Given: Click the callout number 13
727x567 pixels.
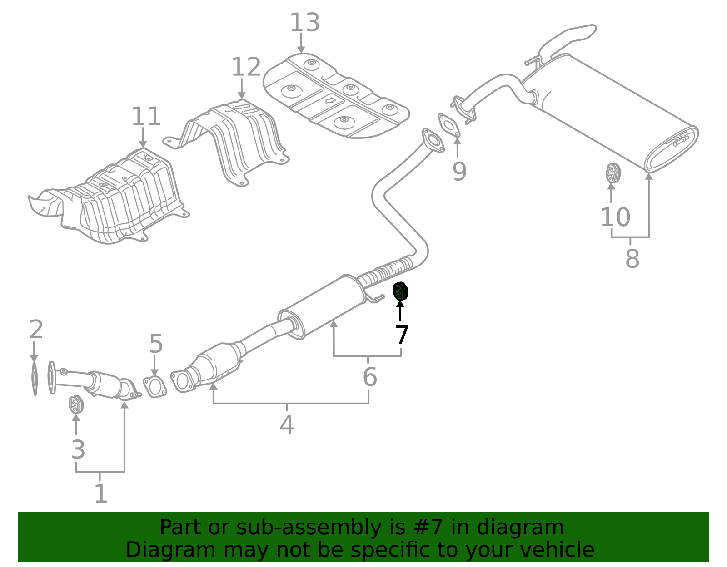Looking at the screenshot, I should point(304,23).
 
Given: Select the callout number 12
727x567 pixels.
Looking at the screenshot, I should point(246,67).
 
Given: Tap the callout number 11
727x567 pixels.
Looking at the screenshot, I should point(146,117).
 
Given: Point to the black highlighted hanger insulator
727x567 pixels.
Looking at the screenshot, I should point(400,291).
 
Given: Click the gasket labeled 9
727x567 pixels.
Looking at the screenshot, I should point(449,125).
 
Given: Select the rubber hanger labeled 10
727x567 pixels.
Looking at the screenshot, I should point(613,173).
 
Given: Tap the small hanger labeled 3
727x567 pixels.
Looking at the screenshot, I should point(76,404).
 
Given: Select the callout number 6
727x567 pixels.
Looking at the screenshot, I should point(369,377).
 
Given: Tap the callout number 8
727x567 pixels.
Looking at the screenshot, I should point(632,259).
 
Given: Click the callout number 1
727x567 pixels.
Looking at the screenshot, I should point(100,493).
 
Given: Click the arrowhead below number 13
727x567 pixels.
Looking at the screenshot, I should point(301,49).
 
